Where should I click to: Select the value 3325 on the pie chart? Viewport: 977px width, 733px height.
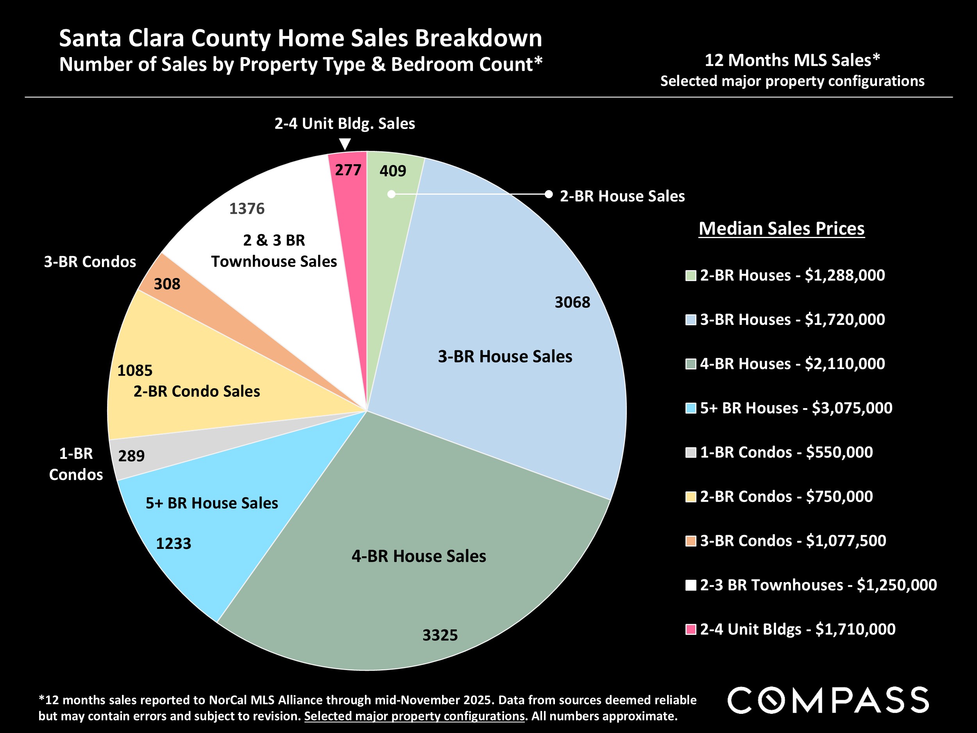point(440,635)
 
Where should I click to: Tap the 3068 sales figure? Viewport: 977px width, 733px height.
point(572,302)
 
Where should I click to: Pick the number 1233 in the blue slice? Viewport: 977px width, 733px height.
point(174,543)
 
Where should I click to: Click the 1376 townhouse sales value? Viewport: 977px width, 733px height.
point(247,208)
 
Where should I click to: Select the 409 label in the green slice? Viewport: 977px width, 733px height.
point(393,170)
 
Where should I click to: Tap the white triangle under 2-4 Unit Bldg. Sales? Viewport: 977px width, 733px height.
point(345,144)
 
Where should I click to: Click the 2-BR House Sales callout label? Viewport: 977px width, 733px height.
point(622,196)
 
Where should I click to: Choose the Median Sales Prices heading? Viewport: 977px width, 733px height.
point(781,228)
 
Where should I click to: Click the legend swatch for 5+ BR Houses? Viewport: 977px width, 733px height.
point(691,408)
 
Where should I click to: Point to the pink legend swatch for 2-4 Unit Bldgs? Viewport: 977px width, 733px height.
point(691,629)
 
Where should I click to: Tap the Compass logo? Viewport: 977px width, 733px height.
point(828,700)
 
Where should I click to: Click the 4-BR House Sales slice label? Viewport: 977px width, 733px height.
point(419,556)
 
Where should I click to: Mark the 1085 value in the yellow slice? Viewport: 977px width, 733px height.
point(135,370)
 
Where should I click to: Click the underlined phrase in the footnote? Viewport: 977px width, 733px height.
point(414,716)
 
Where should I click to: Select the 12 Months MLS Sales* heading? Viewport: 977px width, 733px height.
point(792,60)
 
